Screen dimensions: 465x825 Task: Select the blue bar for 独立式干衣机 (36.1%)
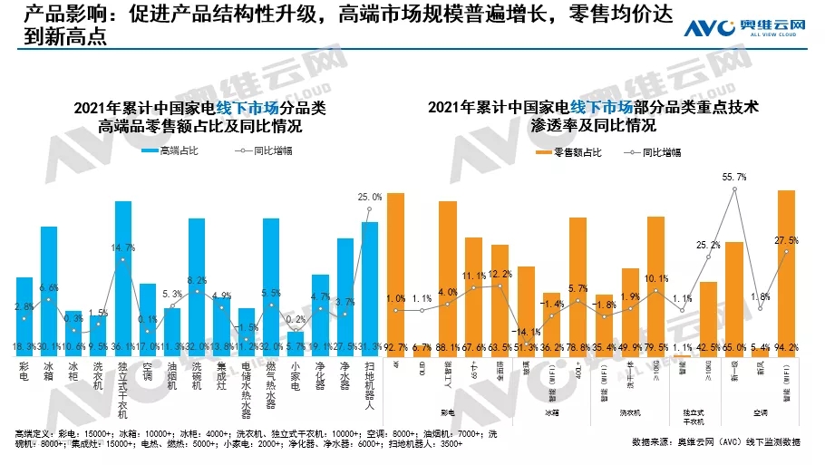(x=123, y=272)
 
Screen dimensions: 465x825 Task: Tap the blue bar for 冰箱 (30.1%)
(x=49, y=286)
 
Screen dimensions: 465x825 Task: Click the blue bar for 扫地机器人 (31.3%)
(x=369, y=283)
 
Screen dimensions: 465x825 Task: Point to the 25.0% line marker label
(x=370, y=196)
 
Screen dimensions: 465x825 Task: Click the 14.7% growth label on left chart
(x=123, y=247)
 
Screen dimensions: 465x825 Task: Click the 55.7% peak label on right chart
(x=734, y=177)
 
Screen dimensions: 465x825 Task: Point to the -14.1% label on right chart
(x=526, y=331)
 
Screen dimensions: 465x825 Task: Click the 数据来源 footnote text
(x=716, y=441)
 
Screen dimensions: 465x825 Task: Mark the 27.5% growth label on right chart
(x=786, y=240)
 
